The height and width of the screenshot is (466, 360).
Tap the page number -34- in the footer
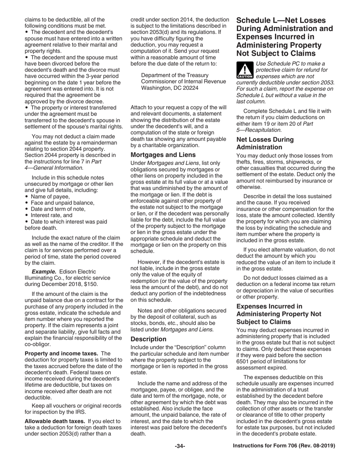tap(180, 446)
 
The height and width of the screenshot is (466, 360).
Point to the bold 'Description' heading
tap(148, 339)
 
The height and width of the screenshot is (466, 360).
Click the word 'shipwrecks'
tap(307, 162)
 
